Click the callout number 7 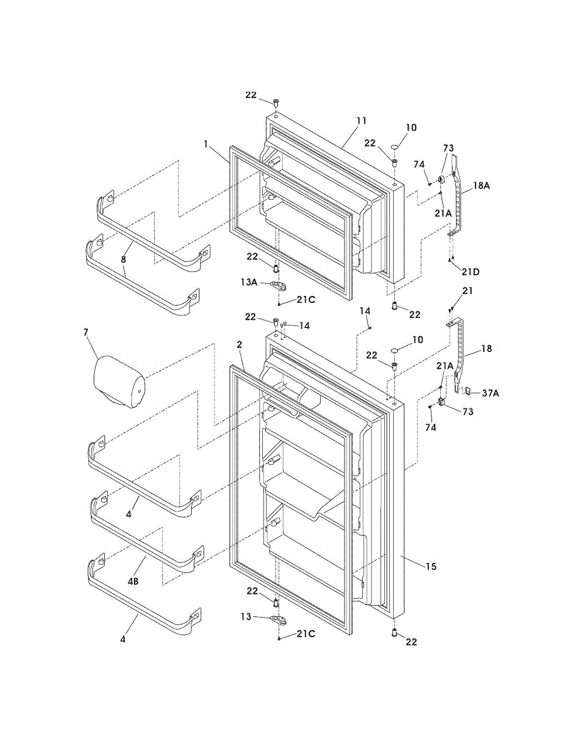tap(86, 332)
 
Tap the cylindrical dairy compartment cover tap(119, 381)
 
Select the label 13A tap(248, 282)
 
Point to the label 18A tap(481, 185)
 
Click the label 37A tap(491, 393)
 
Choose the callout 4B tap(133, 581)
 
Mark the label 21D tap(470, 272)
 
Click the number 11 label tap(361, 121)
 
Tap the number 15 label tap(431, 566)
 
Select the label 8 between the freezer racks tap(123, 259)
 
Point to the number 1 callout tap(206, 145)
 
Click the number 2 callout tap(239, 344)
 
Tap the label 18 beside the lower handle tap(487, 348)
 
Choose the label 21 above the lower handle tap(468, 291)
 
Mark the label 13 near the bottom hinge tap(245, 617)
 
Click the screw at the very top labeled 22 tap(276, 102)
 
